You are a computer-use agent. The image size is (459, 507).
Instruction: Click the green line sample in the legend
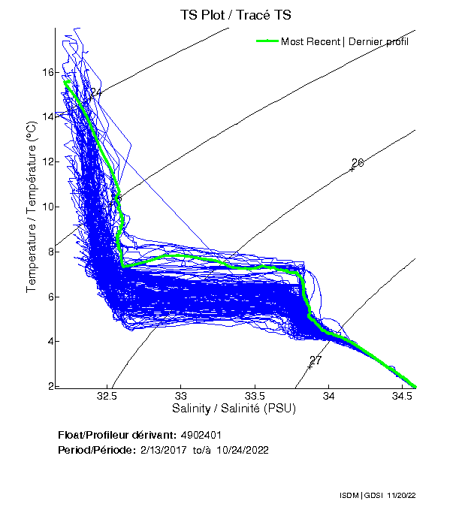(x=267, y=41)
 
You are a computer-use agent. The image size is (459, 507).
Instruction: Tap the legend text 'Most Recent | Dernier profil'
(x=345, y=41)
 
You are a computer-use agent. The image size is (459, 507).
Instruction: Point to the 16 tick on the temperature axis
(x=47, y=72)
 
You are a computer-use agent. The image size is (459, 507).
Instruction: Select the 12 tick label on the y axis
(x=47, y=161)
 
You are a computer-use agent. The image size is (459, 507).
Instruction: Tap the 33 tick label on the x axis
(x=181, y=395)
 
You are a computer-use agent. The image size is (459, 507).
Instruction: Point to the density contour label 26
(x=358, y=163)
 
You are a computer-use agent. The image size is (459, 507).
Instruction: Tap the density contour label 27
(x=316, y=361)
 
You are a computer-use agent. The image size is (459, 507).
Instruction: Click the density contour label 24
(x=95, y=93)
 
